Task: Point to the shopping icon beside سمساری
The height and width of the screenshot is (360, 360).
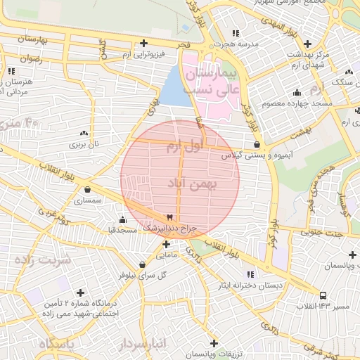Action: [86, 189]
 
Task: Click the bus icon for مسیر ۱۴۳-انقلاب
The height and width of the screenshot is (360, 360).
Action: [323, 296]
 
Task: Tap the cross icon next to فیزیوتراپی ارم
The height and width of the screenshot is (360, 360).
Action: [144, 43]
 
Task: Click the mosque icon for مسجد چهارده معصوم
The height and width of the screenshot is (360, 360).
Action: [297, 92]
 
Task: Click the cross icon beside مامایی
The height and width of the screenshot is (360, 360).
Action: [166, 245]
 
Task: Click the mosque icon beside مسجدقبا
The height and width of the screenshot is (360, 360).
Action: [123, 219]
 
